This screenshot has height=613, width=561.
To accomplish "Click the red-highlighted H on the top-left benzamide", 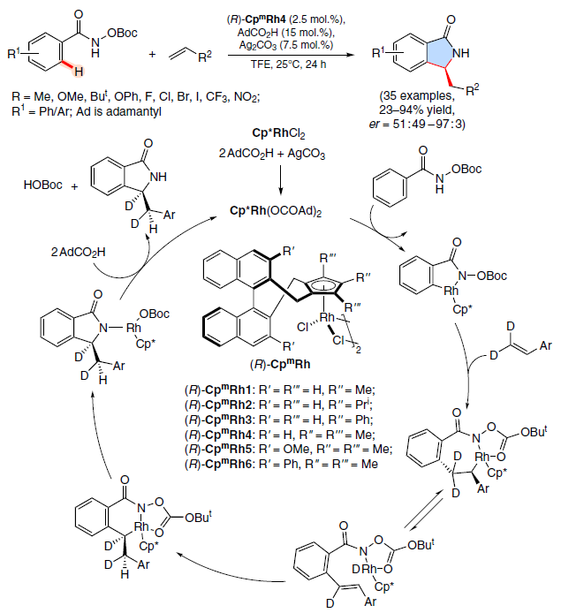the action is [79, 72].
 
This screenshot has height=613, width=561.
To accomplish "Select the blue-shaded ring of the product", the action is [441, 54].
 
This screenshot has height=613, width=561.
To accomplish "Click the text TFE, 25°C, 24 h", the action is [289, 64].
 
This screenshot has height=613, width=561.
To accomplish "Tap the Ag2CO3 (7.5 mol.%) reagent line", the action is [286, 45].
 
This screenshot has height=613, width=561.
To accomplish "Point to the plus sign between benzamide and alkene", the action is [152, 54].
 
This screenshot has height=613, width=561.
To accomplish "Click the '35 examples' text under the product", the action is [417, 95].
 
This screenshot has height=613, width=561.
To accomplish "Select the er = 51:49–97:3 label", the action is [417, 124].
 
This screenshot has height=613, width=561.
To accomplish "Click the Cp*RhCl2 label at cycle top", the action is [278, 133].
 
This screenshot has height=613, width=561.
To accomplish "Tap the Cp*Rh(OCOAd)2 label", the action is [276, 211].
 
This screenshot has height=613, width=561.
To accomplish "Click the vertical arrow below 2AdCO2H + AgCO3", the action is [280, 179].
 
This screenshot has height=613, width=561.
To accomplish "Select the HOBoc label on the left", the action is [42, 185].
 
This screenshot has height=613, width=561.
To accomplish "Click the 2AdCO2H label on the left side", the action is [78, 253].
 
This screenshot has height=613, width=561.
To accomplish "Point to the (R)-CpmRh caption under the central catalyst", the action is [280, 365].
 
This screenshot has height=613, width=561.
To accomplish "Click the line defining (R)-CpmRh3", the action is [279, 420].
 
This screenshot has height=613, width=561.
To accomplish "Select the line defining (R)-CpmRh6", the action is [281, 464].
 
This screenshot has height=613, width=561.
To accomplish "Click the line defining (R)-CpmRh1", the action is [280, 390].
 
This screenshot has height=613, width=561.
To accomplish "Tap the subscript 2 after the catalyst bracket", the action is [359, 350].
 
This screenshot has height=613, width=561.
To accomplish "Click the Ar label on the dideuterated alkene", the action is [545, 346].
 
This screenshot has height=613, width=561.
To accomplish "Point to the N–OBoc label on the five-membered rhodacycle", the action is [482, 276].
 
